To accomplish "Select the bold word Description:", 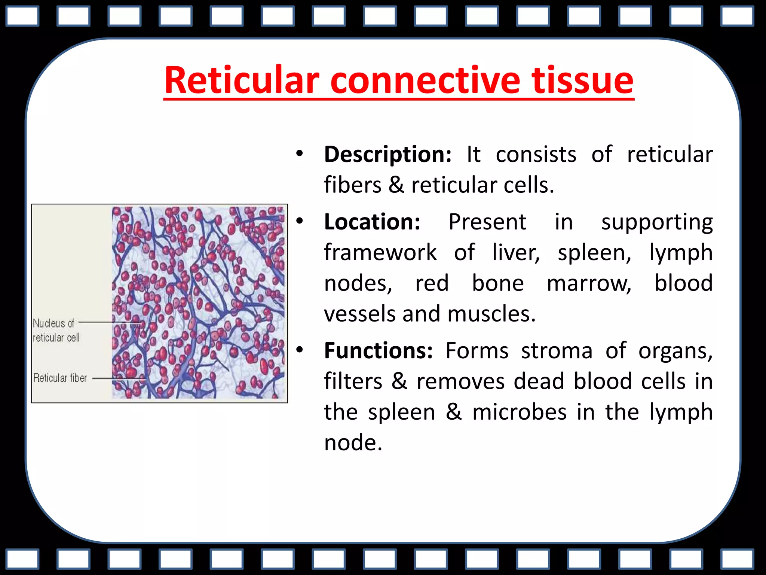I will [387, 154].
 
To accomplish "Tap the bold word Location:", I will [372, 222].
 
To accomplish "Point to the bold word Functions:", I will [378, 351].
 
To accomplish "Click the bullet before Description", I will [299, 153].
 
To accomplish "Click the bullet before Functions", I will [299, 350].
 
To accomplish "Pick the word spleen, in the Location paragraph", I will [594, 253].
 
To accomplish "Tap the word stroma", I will [557, 351].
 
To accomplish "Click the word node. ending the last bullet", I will [353, 443].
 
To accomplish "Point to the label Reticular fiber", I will [60, 378].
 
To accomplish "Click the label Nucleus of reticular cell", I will [56, 330].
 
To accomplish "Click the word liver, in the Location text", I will [516, 253].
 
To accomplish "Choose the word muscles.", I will [491, 314].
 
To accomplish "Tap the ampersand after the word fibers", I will [396, 185].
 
